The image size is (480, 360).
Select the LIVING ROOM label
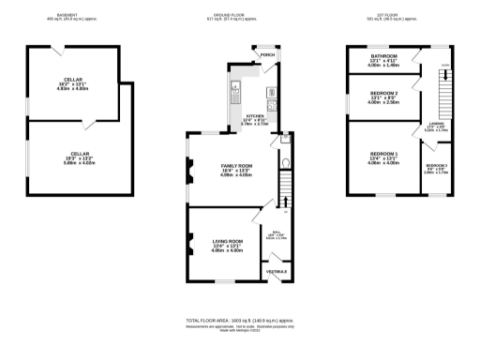[227, 246]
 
